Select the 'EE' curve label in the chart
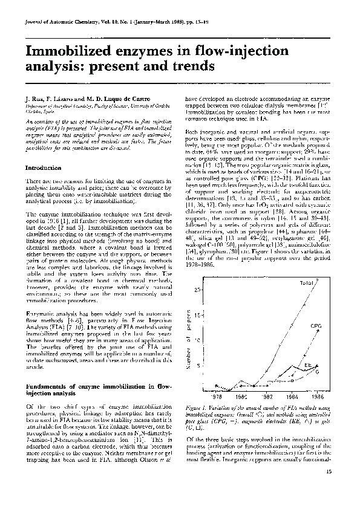(308, 366)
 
